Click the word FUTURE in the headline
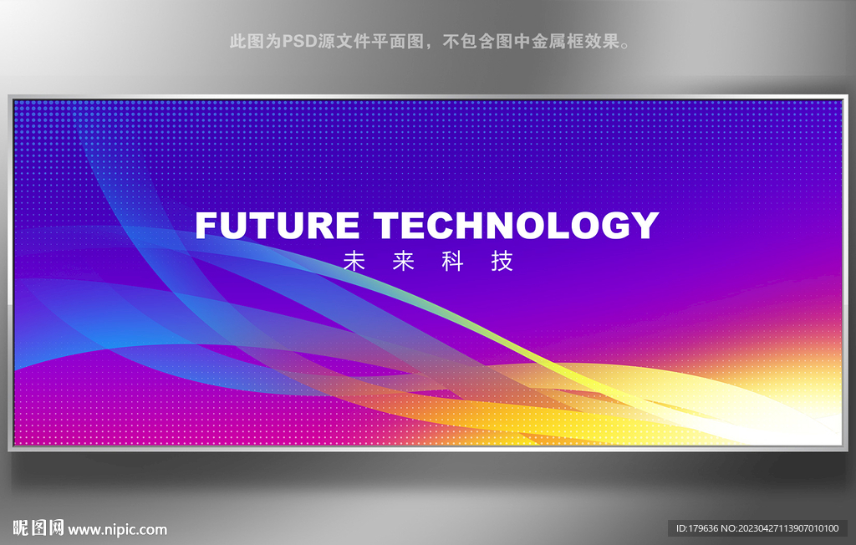tap(277, 225)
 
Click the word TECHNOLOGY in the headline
tap(516, 225)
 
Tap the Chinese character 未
tap(354, 261)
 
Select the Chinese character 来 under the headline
tap(404, 261)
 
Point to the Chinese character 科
tap(452, 261)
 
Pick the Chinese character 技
tap(502, 261)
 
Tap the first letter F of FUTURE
tap(206, 225)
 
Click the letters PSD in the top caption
tap(299, 41)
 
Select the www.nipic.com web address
tap(117, 529)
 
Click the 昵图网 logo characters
tap(38, 528)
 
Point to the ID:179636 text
tap(697, 528)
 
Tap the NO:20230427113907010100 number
tap(780, 528)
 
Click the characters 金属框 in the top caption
tap(558, 41)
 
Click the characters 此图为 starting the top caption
tap(256, 41)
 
